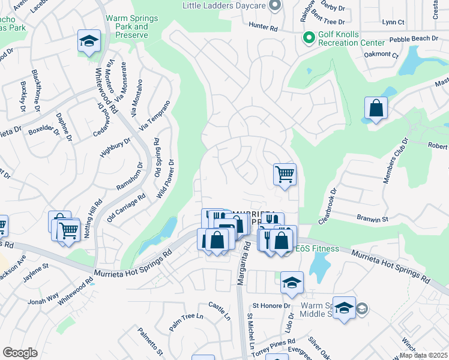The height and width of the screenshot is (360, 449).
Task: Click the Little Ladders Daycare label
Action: (x=224, y=5)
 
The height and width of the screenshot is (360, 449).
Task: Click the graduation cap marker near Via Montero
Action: (x=89, y=41)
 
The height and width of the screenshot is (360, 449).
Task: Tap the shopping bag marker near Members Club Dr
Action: (x=376, y=109)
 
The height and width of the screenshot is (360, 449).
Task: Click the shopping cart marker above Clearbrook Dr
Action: (x=285, y=175)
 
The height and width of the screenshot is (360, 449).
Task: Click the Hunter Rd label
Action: (x=264, y=28)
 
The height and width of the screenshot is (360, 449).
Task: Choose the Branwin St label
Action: (x=373, y=220)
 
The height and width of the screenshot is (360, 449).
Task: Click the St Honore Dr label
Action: (x=271, y=306)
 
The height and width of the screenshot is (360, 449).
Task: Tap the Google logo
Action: (x=19, y=353)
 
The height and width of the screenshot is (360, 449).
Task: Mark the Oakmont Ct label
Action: (x=381, y=55)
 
